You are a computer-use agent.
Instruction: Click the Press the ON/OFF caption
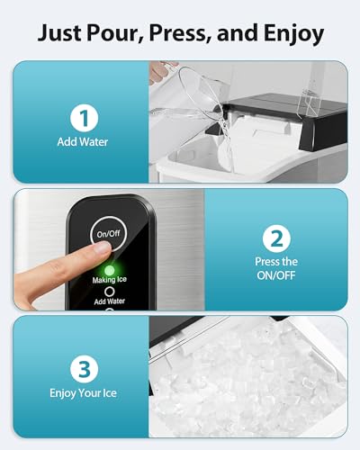pos(275,269)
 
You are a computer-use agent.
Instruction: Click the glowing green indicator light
pos(108,268)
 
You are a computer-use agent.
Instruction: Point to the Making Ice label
pos(109,281)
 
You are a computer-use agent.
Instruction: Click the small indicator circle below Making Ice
pos(109,292)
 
